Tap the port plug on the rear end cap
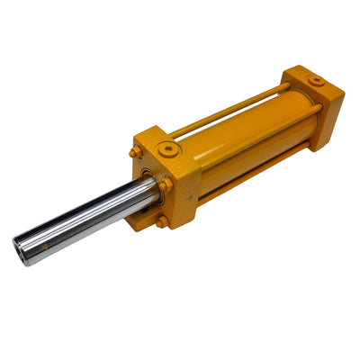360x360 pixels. pyautogui.click(x=317, y=81)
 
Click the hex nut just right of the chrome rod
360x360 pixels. pyautogui.click(x=166, y=184)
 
